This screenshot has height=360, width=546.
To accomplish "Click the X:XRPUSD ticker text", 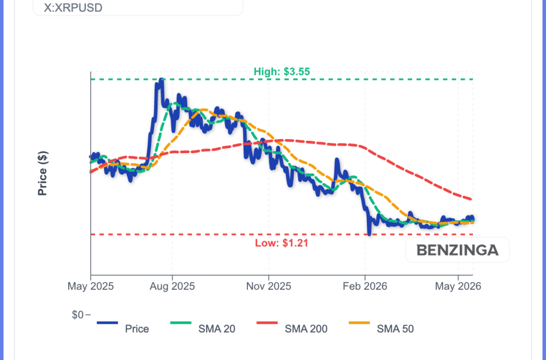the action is tap(73, 7).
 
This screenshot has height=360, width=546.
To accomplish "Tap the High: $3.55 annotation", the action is tap(282, 71).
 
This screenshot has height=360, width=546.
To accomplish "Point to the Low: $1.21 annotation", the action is tap(282, 243).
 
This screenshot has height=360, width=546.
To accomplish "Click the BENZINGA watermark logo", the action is tap(457, 250).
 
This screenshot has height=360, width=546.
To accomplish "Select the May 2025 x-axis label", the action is tap(91, 286).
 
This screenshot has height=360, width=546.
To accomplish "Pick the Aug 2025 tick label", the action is tap(172, 286).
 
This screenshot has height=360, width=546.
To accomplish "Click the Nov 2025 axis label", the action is tap(269, 286).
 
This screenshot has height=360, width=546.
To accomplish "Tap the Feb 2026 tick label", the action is tap(365, 286).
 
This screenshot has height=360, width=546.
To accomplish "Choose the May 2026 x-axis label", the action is tap(458, 286).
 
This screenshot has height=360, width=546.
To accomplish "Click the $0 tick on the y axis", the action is tap(78, 315).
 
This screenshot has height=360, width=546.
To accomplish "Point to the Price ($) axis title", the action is tap(43, 173).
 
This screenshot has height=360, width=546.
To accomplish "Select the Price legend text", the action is tap(137, 329).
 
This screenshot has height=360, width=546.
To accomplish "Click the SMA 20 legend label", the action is tap(216, 329).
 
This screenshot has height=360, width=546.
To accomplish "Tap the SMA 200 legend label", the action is tap(306, 329).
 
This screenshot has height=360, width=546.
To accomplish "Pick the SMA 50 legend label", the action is tap(395, 329).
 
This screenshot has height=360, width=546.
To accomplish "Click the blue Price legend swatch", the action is tap(107, 323).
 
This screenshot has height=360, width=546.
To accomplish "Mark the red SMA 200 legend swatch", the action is tap(267, 323).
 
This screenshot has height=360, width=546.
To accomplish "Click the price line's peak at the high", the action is tap(161, 79).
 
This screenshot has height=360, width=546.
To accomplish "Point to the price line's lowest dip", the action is tap(370, 234).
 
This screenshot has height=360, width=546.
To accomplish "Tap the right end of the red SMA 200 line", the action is tap(471, 199).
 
